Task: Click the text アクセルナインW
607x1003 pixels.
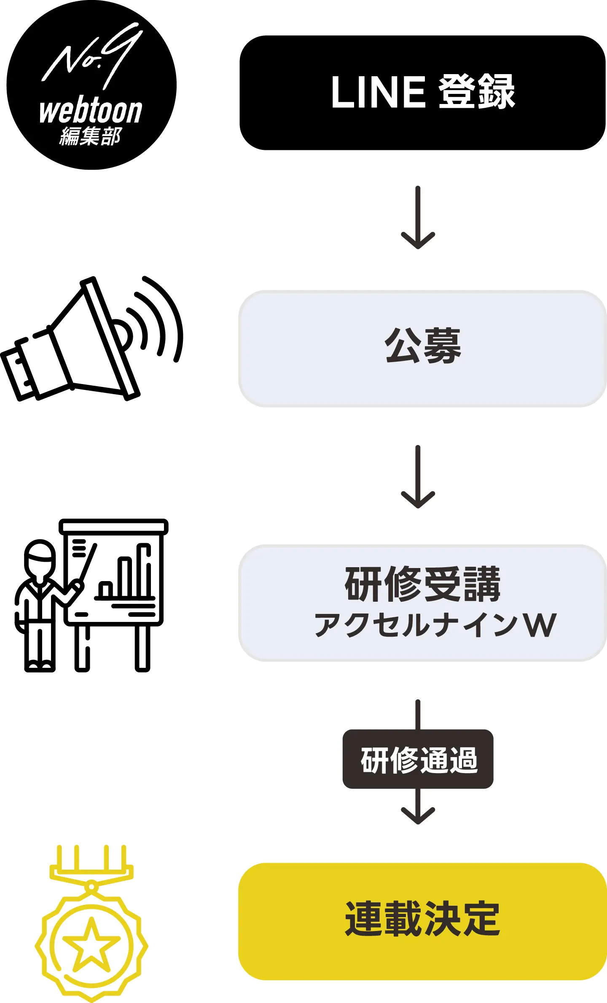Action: tap(435, 625)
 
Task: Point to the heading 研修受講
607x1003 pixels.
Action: tap(422, 584)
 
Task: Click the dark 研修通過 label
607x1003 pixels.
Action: tap(418, 759)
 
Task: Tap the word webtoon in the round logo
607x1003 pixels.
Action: tap(91, 112)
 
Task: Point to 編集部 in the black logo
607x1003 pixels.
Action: tap(90, 137)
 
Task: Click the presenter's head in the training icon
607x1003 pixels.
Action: tap(40, 558)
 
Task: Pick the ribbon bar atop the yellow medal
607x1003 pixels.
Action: tap(91, 872)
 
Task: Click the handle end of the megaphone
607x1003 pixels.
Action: tap(19, 371)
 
